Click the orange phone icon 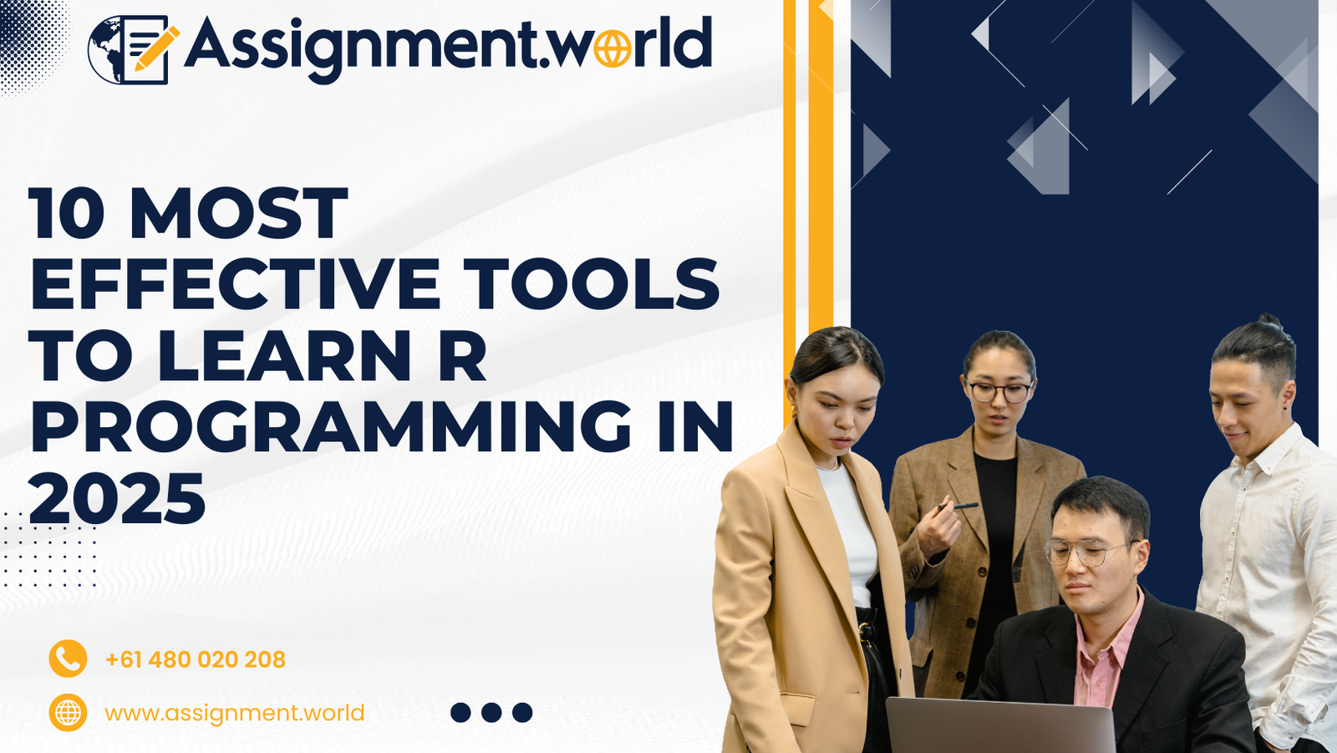click(x=68, y=659)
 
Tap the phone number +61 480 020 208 click(x=196, y=659)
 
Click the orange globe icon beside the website click(x=68, y=712)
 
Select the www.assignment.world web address click(x=235, y=713)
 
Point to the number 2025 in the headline click(x=117, y=499)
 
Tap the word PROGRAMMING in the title click(x=330, y=426)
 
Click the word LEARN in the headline click(x=283, y=355)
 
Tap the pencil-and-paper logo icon click(x=134, y=49)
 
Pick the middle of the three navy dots click(x=491, y=712)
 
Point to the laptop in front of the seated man click(x=1000, y=725)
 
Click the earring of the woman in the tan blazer click(x=795, y=413)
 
